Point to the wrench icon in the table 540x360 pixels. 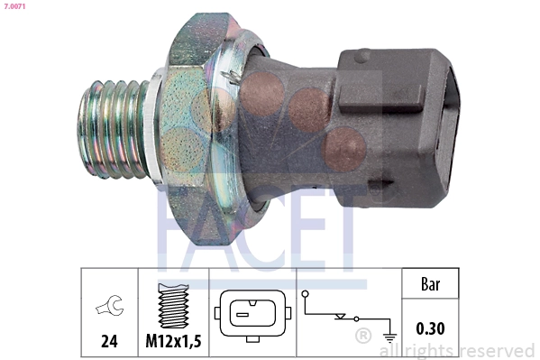108,309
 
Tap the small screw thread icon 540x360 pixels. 172,304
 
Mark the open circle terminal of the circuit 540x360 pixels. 306,294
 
